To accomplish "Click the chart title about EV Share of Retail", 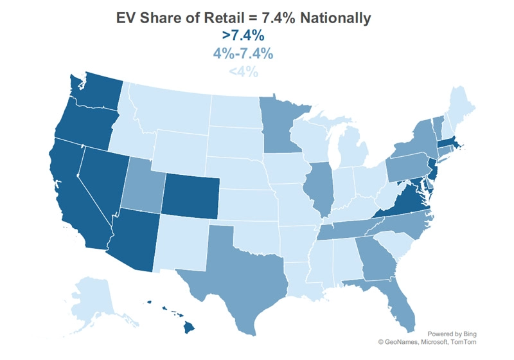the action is pyautogui.click(x=244, y=18).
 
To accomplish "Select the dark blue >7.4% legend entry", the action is pyautogui.click(x=243, y=35).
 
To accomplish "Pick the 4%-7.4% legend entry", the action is pyautogui.click(x=243, y=53).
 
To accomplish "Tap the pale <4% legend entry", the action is pyautogui.click(x=244, y=71).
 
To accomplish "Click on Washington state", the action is pyautogui.click(x=97, y=92).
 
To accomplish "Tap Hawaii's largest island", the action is pyautogui.click(x=189, y=327).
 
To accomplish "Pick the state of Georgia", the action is pyautogui.click(x=375, y=259).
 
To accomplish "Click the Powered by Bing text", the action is pyautogui.click(x=452, y=334).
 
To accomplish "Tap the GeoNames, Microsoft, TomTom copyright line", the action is pyautogui.click(x=427, y=342).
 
